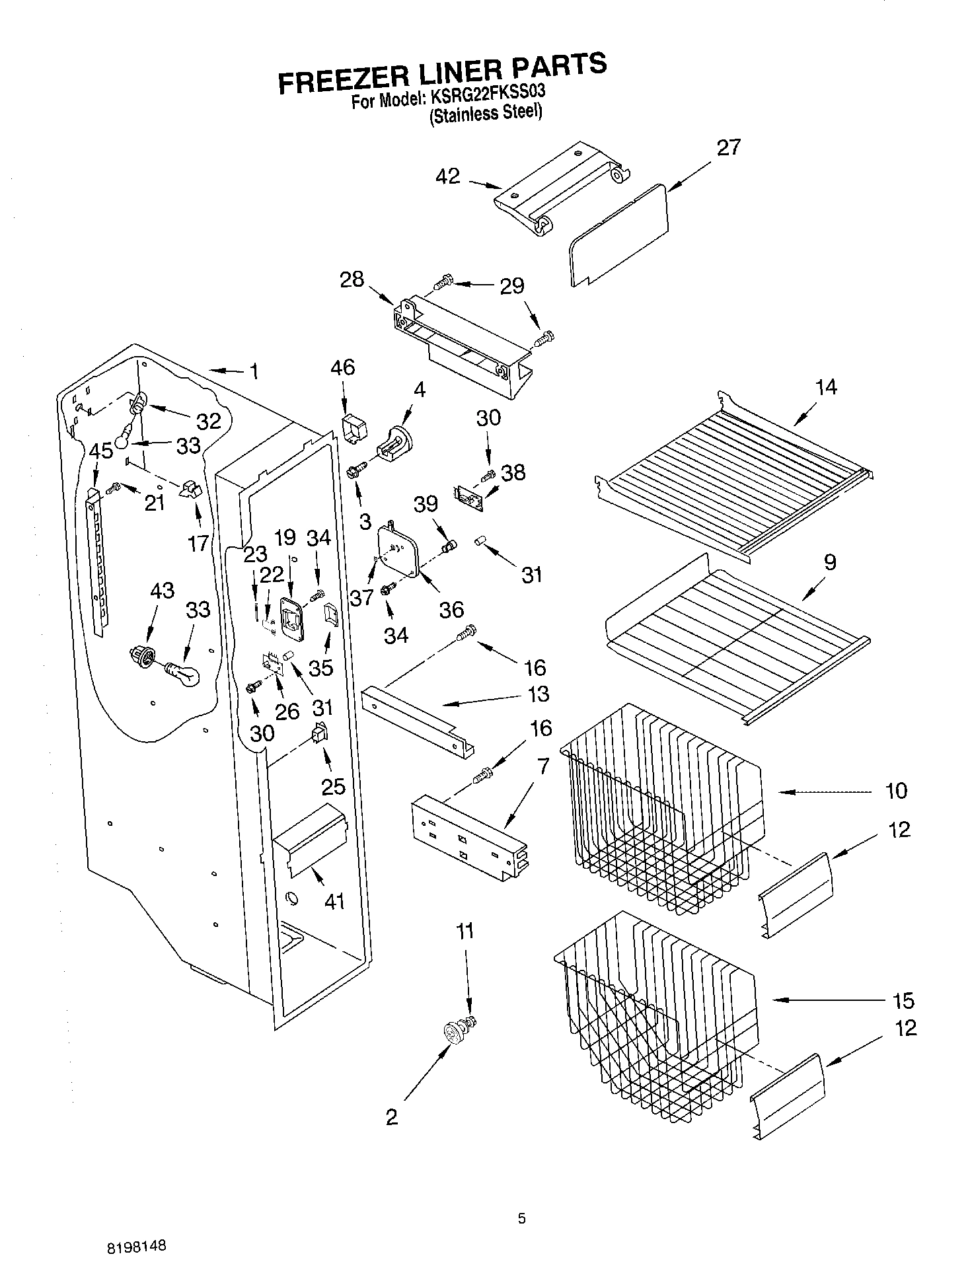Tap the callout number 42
coord(447,177)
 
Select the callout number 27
coord(728,147)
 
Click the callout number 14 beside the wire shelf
coord(826,387)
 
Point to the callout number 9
coord(830,562)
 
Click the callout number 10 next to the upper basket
coord(896,791)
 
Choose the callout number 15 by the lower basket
coord(903,1001)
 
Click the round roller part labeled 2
coord(453,1033)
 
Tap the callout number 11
coord(465,932)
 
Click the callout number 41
coord(334,900)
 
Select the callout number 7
coord(542,766)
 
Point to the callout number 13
coord(539,694)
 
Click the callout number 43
coord(162,591)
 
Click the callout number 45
coord(100,452)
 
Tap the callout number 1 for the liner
coord(254,372)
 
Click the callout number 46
coord(343,367)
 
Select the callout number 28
coord(352,279)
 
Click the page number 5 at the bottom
coord(521,1219)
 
